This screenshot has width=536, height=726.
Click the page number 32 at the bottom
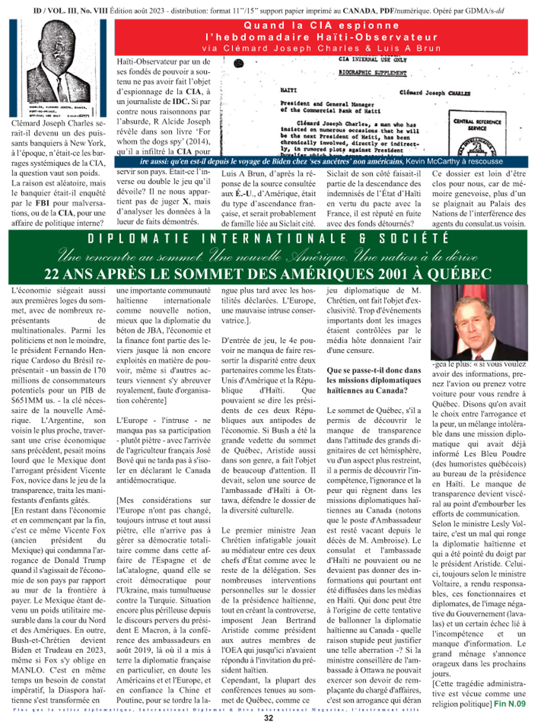click(269, 718)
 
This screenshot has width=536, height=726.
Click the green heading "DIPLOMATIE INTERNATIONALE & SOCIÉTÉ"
click(268, 239)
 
